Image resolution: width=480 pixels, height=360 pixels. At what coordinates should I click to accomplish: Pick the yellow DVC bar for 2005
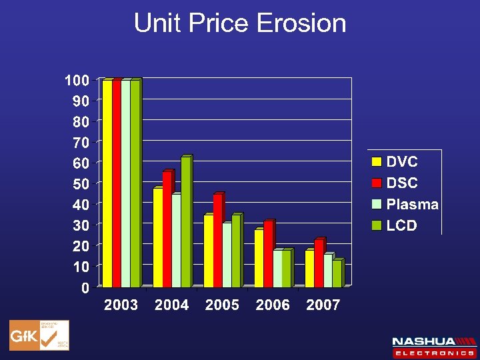[x=208, y=251]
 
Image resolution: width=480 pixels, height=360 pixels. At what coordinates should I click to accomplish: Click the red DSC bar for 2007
[x=319, y=263]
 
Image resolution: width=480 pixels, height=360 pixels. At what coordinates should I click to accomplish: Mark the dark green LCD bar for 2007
[x=337, y=273]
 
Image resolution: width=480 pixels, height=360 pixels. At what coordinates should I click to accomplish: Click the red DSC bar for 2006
[x=268, y=254]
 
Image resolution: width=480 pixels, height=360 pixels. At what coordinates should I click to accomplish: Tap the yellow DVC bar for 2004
[x=157, y=237]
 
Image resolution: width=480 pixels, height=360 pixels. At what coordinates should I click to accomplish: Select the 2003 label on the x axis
[x=121, y=305]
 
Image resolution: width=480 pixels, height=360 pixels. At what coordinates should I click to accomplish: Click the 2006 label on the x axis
[x=273, y=305]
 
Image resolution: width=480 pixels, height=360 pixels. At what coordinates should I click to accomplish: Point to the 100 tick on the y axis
[x=77, y=81]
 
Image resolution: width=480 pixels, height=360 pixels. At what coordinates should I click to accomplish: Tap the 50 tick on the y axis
[x=81, y=183]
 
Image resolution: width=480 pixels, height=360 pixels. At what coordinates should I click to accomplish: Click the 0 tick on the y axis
[x=85, y=287]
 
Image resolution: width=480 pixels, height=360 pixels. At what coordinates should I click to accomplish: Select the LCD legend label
[x=402, y=225]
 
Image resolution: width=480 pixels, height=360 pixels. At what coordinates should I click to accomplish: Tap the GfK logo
[x=39, y=335]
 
